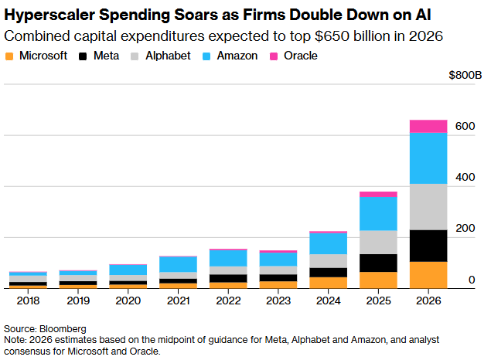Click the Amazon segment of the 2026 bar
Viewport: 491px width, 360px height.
428,158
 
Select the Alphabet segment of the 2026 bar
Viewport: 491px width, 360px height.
428,206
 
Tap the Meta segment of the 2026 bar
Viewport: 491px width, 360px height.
428,246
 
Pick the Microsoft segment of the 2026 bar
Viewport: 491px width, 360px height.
428,274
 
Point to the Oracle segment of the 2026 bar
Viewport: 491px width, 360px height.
428,126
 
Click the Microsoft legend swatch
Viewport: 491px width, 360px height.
9,56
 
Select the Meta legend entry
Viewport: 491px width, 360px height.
105,56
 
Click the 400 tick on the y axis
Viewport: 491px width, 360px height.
463,177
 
